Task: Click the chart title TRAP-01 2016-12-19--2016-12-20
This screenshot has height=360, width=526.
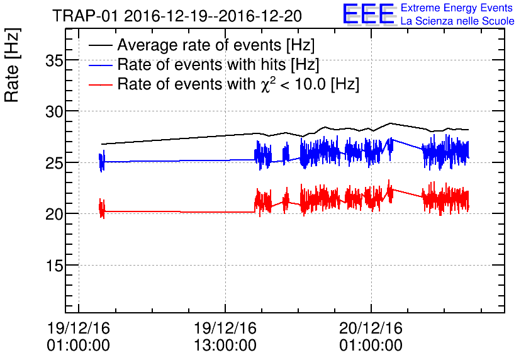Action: [177, 15]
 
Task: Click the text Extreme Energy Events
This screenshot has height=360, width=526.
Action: [457, 8]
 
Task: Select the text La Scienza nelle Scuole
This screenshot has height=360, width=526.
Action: [457, 21]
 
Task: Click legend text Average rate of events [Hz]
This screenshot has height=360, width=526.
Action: [216, 46]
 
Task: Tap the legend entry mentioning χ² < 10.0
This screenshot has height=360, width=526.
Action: [238, 84]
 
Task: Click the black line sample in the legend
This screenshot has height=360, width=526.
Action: [100, 46]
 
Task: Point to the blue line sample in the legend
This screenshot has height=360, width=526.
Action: [100, 65]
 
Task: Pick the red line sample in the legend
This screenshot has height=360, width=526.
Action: [100, 84]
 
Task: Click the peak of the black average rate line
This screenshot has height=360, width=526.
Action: [391, 123]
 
